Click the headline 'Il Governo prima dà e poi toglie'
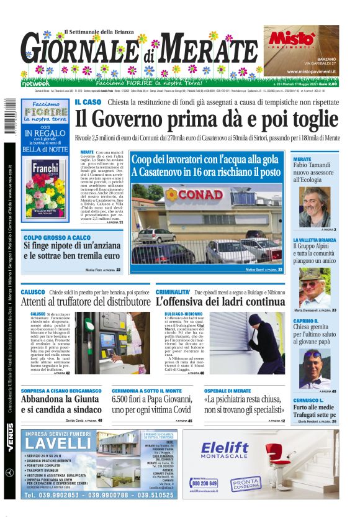207,117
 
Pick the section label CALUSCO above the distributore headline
32,292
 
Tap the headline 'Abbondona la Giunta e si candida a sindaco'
61,405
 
